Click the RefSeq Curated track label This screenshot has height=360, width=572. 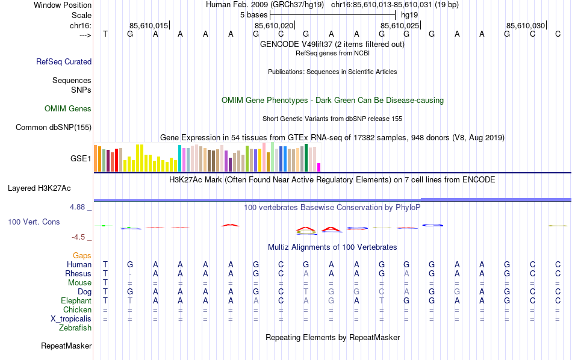click(x=64, y=61)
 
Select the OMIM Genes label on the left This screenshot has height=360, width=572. click(x=68, y=109)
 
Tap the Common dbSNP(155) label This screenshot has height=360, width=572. click(x=54, y=127)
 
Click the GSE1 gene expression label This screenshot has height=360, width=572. click(x=81, y=159)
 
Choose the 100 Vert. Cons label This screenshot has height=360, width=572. click(x=34, y=222)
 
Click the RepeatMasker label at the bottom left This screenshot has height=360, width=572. click(x=66, y=346)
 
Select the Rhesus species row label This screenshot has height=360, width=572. click(x=78, y=273)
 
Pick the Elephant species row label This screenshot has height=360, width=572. click(x=76, y=300)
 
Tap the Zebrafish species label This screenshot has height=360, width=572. click(x=75, y=328)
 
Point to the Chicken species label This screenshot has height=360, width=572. click(x=78, y=309)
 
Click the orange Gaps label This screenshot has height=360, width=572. click(x=82, y=256)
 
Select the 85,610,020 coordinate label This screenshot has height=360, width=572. click(x=274, y=25)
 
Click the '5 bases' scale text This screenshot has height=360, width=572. click(x=249, y=14)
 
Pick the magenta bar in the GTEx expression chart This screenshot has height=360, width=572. click(x=319, y=167)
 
